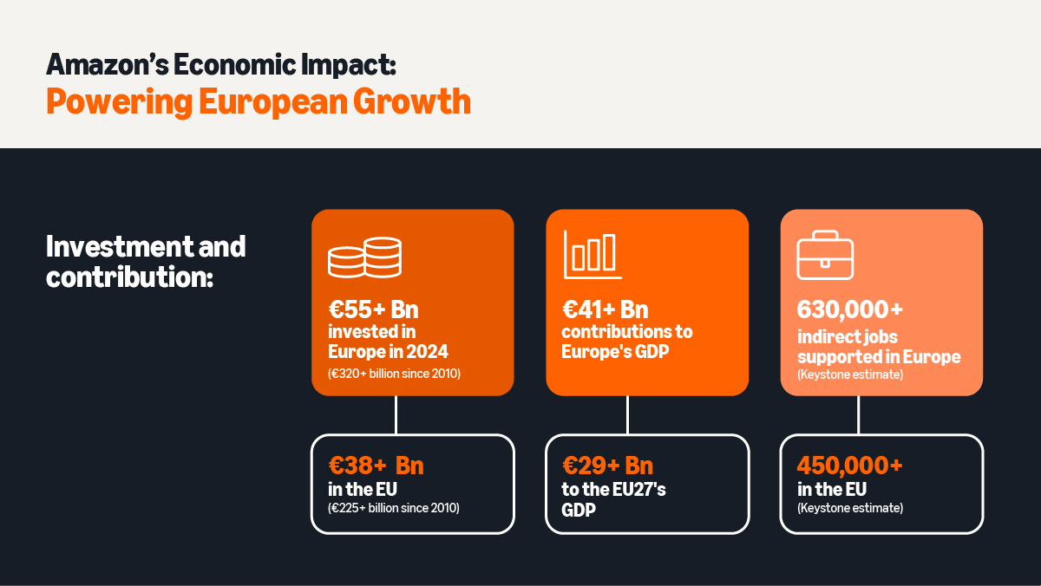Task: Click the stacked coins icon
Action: pos(364,257)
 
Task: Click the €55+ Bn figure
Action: pos(373,309)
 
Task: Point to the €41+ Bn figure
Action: pos(605,309)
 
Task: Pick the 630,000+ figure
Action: pos(850,309)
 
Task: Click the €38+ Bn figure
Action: pos(376,466)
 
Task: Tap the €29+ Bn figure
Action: pos(607,466)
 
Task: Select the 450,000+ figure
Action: pos(850,466)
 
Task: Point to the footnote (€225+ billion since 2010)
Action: pos(394,508)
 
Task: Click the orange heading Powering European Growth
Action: pos(258,101)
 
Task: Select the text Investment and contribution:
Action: pos(146,262)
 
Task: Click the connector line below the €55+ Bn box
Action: pos(396,414)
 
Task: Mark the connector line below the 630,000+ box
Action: pos(859,414)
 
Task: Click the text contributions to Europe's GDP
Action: pos(626,342)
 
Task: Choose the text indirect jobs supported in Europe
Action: pos(878,347)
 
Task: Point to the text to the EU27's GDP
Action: pos(613,499)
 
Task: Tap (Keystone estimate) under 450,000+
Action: pos(850,508)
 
